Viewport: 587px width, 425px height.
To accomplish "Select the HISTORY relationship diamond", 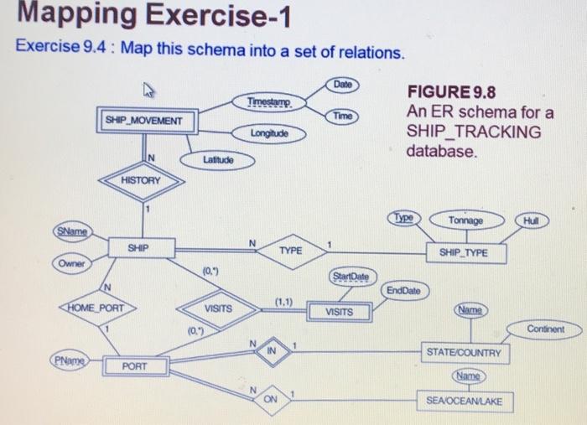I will click(x=141, y=180).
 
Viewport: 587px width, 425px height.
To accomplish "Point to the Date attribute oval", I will click(x=342, y=86).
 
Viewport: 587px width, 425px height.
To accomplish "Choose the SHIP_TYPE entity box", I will click(x=457, y=251).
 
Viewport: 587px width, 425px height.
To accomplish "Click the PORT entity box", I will click(x=135, y=365).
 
